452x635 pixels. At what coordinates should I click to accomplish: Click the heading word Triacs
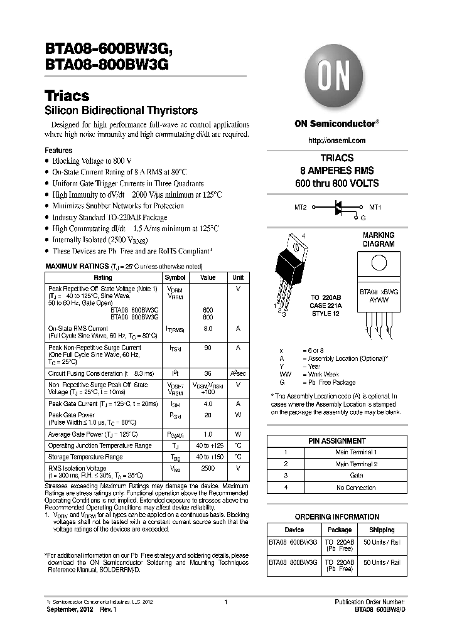67,96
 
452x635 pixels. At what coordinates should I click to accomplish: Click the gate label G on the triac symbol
363,217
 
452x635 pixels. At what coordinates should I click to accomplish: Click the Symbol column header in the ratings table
175,277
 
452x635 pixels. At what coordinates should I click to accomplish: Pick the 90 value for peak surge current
208,348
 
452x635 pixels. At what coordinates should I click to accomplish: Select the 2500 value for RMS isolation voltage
208,468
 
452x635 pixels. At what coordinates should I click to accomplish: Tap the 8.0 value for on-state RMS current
208,328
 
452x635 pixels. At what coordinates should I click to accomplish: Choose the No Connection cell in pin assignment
357,488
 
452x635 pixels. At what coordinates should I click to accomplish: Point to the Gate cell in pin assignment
357,476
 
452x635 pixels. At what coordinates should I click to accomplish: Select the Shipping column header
382,530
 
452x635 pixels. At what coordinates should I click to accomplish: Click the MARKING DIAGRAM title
379,240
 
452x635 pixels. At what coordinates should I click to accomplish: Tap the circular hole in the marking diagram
379,264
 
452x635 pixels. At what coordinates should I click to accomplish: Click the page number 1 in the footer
225,602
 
